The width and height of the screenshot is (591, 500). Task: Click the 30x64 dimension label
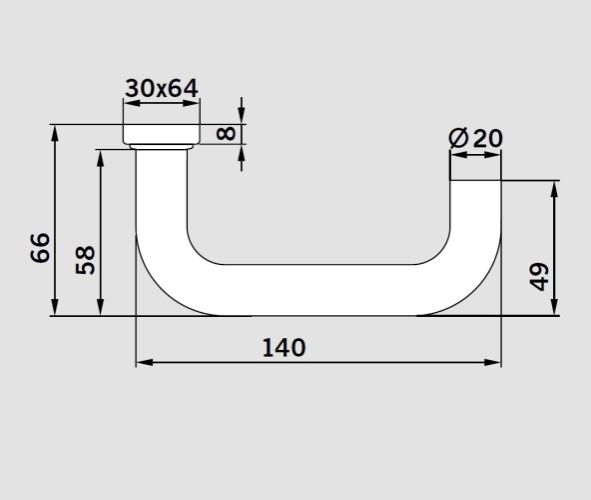[162, 89]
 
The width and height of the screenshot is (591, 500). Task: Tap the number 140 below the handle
[284, 348]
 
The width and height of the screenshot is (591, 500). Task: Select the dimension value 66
[40, 248]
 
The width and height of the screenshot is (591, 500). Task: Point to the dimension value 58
[86, 260]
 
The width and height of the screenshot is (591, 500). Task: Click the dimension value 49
[539, 277]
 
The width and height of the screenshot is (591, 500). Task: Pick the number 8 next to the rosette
[227, 134]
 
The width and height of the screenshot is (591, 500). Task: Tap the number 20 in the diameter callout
[488, 138]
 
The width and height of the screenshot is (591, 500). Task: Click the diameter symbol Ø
[458, 138]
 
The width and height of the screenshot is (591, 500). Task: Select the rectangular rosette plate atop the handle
[162, 134]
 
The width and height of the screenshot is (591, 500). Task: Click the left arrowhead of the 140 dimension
[145, 363]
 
